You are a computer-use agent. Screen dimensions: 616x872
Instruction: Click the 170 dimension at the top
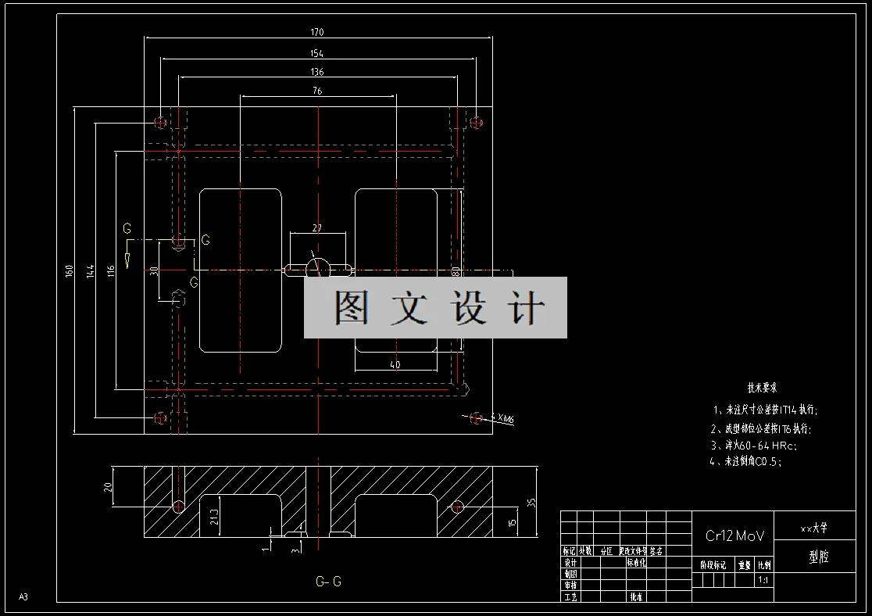(x=316, y=33)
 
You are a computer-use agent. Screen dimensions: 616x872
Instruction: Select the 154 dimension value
(x=316, y=53)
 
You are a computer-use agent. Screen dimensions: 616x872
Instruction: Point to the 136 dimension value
(x=316, y=72)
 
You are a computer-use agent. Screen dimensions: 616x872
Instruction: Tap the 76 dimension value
(x=316, y=91)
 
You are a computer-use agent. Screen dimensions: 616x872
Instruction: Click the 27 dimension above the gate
(x=316, y=228)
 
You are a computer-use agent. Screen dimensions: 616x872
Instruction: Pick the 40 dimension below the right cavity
(x=395, y=364)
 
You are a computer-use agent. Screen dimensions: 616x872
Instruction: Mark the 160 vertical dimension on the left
(x=70, y=270)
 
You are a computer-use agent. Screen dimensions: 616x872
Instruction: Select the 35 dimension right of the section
(x=532, y=503)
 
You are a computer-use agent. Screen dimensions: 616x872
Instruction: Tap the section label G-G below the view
(x=328, y=582)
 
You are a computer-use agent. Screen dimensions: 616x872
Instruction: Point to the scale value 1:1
(x=763, y=581)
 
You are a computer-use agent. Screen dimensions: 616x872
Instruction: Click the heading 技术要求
(x=762, y=388)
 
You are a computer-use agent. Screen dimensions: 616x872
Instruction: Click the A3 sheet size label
(x=23, y=597)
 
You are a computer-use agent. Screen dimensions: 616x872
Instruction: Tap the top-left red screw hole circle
(x=161, y=122)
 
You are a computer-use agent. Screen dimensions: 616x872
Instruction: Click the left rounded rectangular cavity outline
(x=200, y=270)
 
